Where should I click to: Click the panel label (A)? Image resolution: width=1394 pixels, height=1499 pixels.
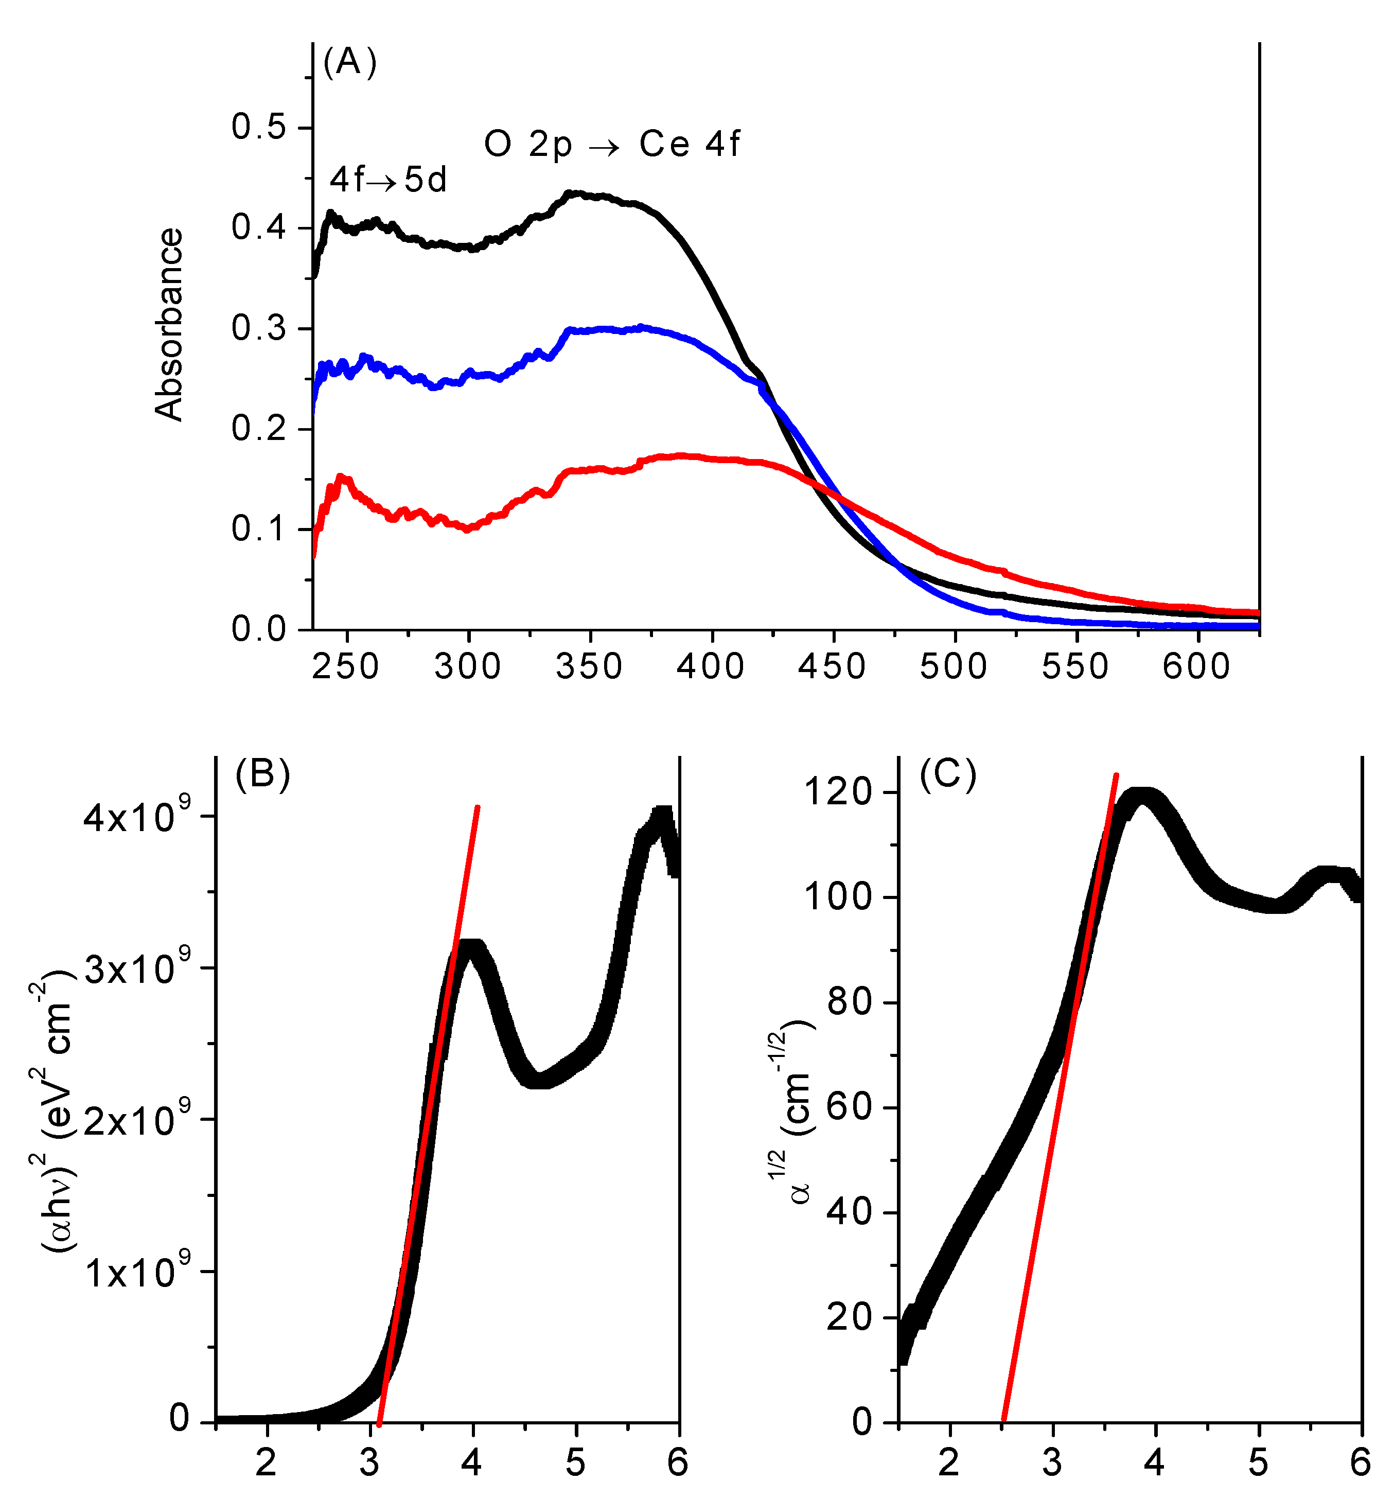click(349, 62)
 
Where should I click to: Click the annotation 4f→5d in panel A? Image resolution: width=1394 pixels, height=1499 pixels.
click(389, 180)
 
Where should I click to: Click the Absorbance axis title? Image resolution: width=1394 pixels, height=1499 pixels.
click(169, 324)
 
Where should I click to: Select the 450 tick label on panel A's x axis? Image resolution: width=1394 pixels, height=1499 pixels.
click(832, 666)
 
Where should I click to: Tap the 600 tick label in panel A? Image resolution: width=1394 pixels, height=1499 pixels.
click(1196, 666)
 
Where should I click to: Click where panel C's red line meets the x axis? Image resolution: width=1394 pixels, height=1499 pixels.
click(1003, 1421)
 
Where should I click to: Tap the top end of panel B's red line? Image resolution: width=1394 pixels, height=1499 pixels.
click(477, 807)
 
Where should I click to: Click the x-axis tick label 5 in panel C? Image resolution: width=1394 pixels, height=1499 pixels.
click(1258, 1462)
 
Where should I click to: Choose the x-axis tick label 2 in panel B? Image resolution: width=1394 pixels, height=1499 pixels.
click(266, 1462)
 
